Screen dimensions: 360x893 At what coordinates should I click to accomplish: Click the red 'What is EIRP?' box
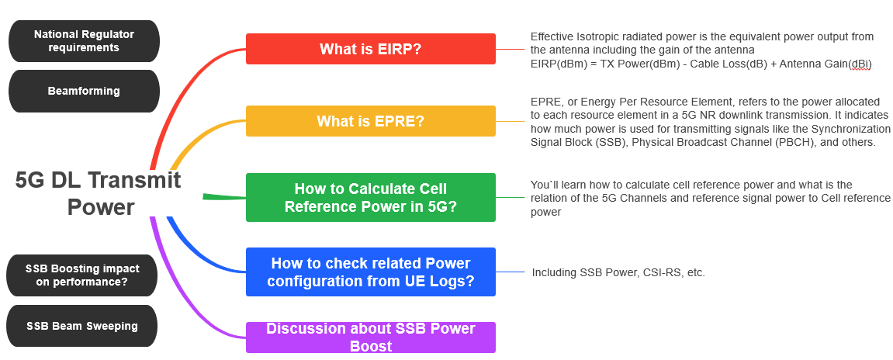(x=370, y=49)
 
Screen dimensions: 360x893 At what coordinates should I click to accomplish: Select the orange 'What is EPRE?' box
(x=370, y=121)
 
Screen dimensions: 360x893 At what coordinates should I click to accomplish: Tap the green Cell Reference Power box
(x=370, y=198)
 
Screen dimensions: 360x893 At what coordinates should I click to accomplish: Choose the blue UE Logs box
(x=370, y=272)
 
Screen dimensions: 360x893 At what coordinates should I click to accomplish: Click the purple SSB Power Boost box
(x=370, y=337)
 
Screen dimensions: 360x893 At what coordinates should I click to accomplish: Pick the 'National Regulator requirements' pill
(x=84, y=41)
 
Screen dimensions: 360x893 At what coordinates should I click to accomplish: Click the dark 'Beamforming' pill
(x=84, y=91)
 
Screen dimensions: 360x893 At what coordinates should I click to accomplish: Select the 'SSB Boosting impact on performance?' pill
(x=82, y=275)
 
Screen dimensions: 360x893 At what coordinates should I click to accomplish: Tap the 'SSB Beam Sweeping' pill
(x=82, y=326)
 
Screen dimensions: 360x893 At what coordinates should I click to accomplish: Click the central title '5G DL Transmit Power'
(x=99, y=193)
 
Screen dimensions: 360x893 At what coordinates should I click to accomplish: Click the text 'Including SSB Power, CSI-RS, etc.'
(x=618, y=272)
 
